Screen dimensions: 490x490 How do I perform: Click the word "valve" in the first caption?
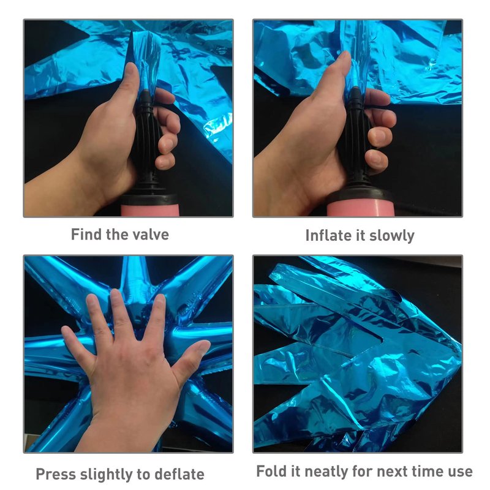tap(151, 235)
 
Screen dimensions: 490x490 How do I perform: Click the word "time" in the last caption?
tap(427, 471)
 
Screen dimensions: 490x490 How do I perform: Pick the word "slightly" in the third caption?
tap(106, 475)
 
